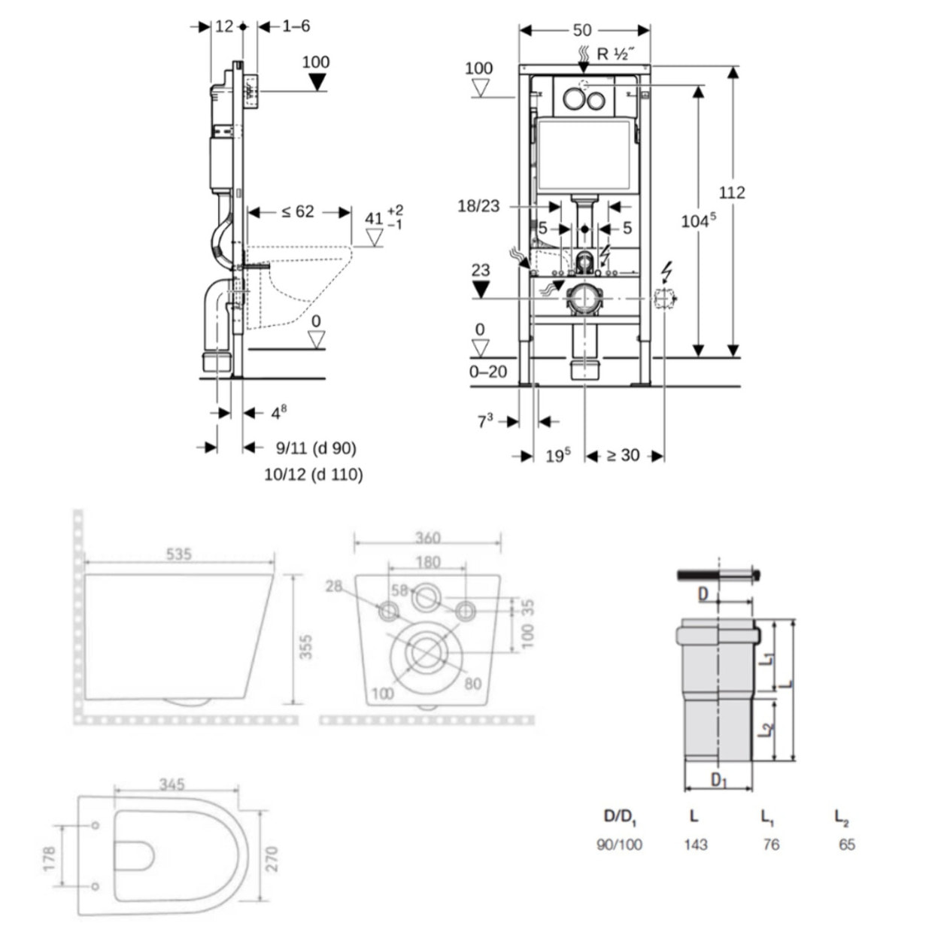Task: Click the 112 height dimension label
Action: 731,193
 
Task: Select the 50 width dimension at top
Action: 582,30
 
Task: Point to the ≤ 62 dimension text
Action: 298,212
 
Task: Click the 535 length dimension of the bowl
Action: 178,554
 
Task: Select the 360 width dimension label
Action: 427,538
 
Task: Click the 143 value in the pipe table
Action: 695,845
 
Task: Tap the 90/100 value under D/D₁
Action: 619,845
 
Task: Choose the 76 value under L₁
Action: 771,845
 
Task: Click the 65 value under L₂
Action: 847,845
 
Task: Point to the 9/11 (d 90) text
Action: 316,448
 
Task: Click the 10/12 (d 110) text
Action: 313,475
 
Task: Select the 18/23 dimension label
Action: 478,206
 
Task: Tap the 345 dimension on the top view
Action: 172,785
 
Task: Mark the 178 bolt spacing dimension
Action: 50,860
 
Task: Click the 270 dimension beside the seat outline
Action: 272,858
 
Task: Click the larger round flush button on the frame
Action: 575,99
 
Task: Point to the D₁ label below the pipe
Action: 719,780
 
